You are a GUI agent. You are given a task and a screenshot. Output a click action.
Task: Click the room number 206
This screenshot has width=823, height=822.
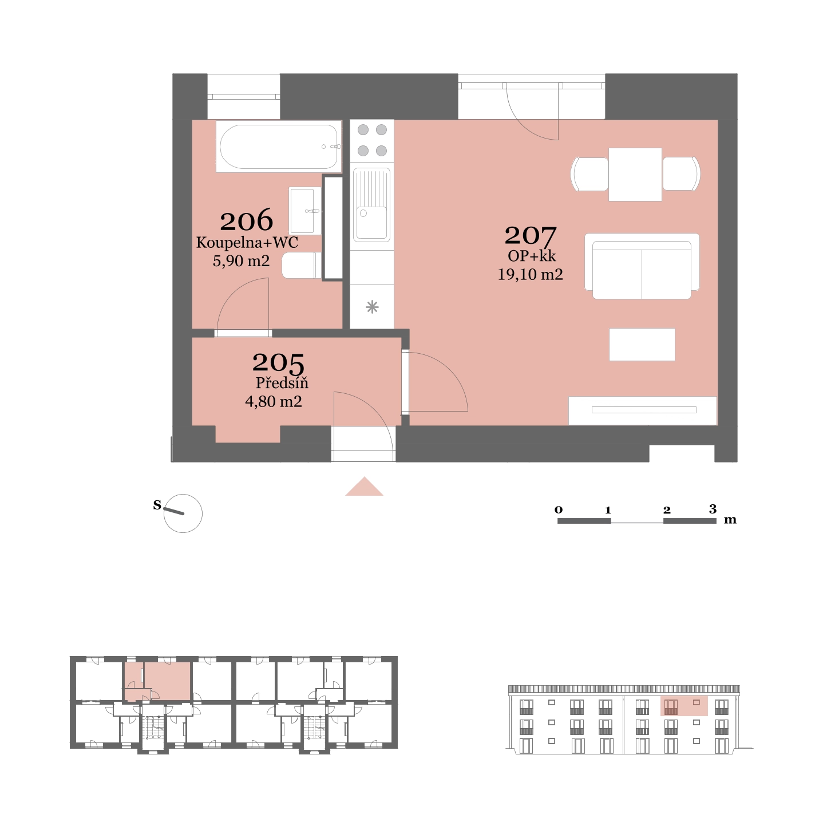click(x=246, y=220)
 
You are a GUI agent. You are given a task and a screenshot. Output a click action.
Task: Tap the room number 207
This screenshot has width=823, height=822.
click(x=530, y=235)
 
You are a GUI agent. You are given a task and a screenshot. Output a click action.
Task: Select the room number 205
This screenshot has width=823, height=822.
click(x=278, y=362)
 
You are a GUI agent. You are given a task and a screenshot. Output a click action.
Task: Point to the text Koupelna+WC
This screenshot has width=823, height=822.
click(x=247, y=243)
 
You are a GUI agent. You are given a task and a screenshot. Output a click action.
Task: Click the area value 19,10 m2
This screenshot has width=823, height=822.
click(x=530, y=274)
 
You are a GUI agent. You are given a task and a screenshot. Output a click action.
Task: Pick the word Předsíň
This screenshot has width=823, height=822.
click(x=282, y=383)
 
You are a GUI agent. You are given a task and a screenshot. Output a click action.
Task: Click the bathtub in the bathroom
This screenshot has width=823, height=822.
click(x=279, y=147)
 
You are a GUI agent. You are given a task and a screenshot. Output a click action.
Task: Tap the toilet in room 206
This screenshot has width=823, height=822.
click(x=302, y=265)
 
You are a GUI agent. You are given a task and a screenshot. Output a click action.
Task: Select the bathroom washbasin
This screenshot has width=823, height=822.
click(x=305, y=211)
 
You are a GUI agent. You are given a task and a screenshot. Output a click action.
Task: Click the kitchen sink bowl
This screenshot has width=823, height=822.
click(x=372, y=223)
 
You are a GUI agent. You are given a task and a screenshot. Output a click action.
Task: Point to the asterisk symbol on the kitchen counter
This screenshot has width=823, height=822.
click(x=373, y=307)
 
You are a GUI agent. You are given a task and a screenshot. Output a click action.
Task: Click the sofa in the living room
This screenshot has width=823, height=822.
click(x=642, y=266)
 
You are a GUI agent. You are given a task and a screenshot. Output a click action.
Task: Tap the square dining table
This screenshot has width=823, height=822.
click(x=635, y=175)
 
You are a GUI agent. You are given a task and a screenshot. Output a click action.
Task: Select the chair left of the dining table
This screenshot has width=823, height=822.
click(x=589, y=175)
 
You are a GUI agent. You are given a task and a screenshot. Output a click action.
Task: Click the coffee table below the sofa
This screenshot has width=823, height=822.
click(x=642, y=345)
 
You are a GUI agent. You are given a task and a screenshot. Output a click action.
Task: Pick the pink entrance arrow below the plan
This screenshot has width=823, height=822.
click(x=365, y=488)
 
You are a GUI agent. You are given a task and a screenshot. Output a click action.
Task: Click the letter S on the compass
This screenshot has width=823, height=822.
click(x=157, y=505)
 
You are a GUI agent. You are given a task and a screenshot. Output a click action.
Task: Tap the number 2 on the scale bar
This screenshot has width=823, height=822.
click(x=667, y=509)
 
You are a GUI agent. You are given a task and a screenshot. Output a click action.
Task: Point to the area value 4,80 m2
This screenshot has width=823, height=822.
click(x=274, y=402)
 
